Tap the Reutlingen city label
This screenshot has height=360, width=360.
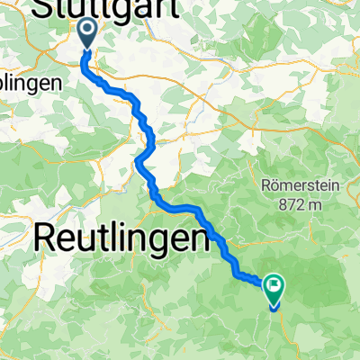click(126, 239)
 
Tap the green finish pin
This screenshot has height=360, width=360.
click(273, 290)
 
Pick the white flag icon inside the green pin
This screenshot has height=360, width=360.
click(273, 286)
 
